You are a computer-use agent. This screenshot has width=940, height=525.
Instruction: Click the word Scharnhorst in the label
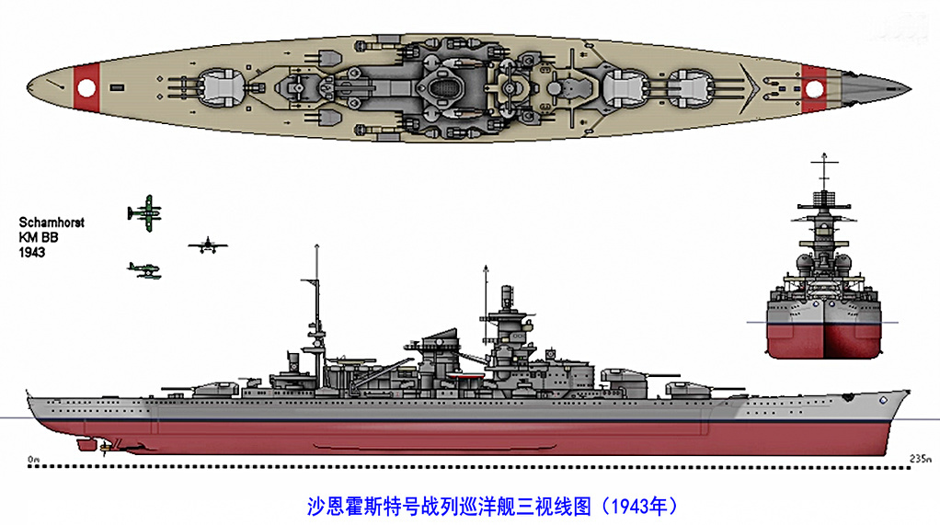click(x=52, y=223)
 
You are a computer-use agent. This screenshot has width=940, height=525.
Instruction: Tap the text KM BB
click(x=39, y=237)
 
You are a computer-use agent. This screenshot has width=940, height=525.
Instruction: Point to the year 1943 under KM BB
click(x=32, y=252)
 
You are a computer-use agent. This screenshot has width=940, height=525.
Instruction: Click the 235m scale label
click(x=921, y=459)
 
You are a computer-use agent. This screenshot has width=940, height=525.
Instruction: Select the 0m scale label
click(x=33, y=460)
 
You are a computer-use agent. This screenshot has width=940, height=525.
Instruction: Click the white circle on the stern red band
click(x=86, y=88)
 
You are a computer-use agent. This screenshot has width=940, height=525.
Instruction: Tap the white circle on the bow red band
click(x=814, y=89)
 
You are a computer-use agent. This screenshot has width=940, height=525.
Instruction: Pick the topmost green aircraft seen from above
click(x=145, y=212)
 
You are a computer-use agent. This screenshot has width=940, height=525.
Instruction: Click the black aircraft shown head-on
click(x=208, y=245)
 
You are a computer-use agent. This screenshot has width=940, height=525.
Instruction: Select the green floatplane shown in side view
click(x=144, y=270)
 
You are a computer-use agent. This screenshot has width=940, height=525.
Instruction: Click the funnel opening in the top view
click(x=443, y=90)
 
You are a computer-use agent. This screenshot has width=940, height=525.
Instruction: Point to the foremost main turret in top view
click(x=692, y=89)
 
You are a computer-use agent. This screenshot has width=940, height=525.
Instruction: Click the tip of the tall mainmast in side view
click(x=316, y=245)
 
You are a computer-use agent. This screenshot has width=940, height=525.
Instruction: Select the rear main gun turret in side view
click(x=214, y=386)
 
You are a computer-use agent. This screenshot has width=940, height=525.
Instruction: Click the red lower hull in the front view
click(x=824, y=340)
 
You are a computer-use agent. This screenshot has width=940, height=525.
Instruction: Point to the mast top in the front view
click(x=824, y=155)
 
